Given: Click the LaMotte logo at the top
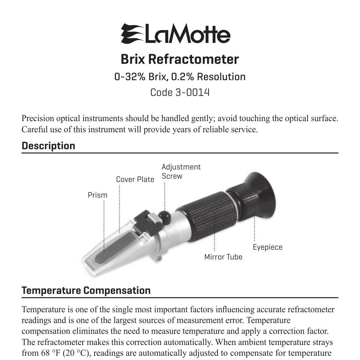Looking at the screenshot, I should pos(176,34).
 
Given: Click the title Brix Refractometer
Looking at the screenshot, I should pos(180,59).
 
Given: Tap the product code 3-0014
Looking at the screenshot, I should pos(192,92).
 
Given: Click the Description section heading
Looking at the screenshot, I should pos(48,146).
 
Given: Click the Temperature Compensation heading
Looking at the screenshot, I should pos(86,290).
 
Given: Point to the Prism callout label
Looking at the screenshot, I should pos(98,195).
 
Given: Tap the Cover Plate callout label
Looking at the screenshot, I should pos(135,179).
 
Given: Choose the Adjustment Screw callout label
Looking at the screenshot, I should pos(181,171).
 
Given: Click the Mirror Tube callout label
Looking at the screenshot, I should pos(223,257).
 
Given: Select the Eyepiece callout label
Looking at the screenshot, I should pos(267,247).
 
